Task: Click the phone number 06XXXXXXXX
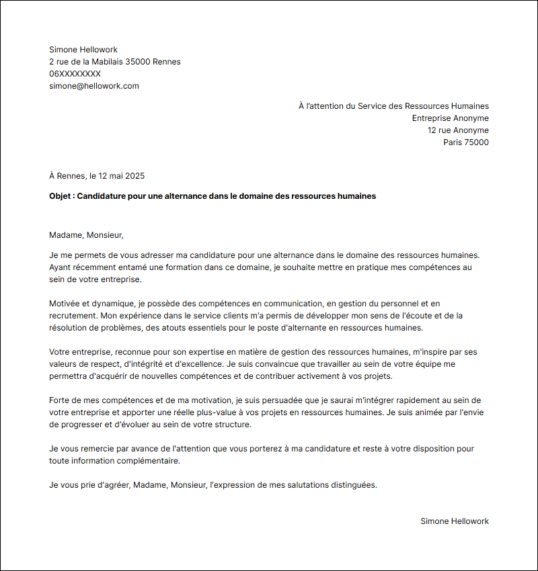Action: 75,74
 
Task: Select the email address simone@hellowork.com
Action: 93,86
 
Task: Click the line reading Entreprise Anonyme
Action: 450,118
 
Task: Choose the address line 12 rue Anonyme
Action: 458,130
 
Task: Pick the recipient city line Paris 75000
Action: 465,142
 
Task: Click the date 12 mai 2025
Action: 122,176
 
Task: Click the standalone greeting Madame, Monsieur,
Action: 87,235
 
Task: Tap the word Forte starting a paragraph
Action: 61,400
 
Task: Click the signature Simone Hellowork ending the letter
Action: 455,521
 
